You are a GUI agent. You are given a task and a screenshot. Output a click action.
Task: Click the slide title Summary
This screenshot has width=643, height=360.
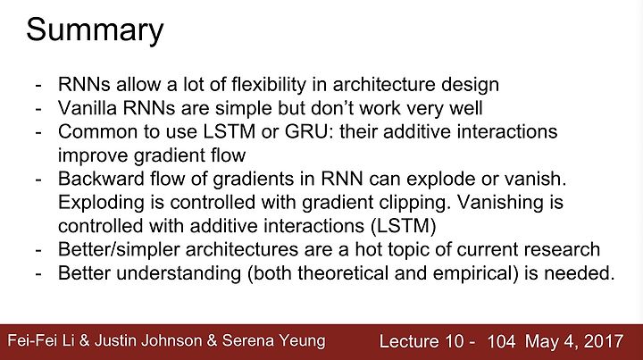(95, 30)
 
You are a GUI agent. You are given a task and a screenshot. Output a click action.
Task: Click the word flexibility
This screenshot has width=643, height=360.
(269, 85)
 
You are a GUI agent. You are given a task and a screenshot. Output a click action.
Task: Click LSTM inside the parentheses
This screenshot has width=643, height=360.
(403, 226)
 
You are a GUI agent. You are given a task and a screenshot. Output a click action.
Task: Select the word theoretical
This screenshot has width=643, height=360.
(343, 273)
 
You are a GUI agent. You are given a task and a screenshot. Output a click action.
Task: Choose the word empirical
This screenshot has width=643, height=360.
(472, 274)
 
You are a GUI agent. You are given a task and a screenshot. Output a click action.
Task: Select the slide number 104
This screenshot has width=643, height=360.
(501, 341)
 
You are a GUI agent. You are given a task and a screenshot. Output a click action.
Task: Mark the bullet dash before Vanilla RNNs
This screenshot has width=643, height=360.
(38, 109)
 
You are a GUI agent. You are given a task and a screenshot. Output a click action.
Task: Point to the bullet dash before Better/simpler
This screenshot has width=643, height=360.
(38, 250)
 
